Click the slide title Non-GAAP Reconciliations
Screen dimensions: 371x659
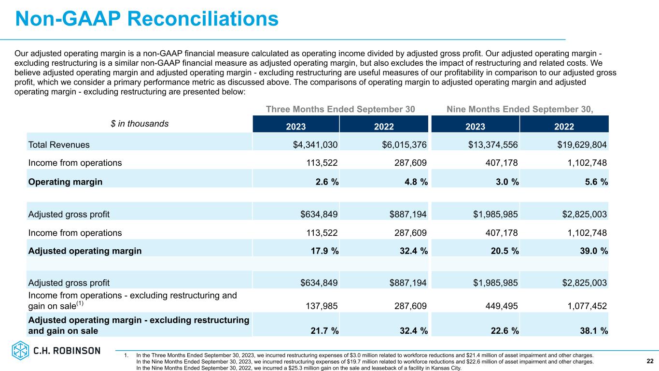[x=147, y=19]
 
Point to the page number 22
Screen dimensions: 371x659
[x=650, y=361]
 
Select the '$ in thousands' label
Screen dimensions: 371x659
[x=140, y=124]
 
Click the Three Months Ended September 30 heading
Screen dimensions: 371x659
[x=340, y=109]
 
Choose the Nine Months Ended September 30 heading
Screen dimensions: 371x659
[x=519, y=109]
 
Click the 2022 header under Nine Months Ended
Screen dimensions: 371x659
[x=564, y=127]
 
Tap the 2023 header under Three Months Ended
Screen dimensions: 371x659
[x=295, y=127]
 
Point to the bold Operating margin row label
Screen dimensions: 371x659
[x=65, y=182]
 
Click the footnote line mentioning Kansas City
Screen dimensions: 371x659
[x=299, y=368]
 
